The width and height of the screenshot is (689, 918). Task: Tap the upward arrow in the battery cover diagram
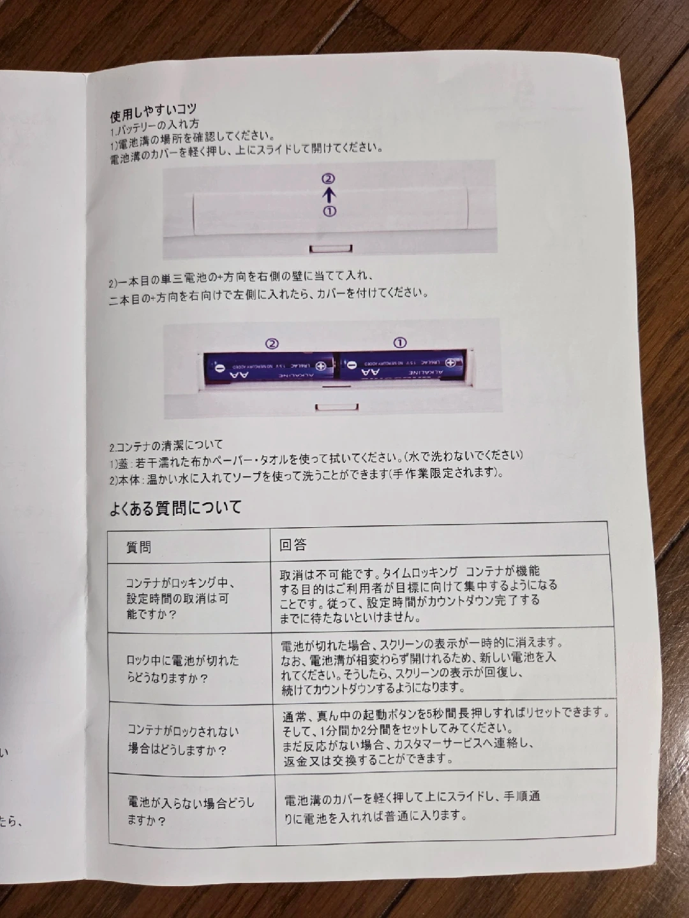(330, 195)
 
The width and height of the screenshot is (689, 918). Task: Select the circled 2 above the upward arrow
(329, 178)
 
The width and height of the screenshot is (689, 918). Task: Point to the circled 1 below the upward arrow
(330, 211)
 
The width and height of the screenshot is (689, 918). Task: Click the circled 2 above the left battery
(272, 344)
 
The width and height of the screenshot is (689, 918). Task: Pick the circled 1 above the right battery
(401, 343)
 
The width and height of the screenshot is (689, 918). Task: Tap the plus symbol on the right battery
(450, 363)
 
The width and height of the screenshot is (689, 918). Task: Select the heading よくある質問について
(175, 508)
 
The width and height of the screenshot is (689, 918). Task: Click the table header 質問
(138, 547)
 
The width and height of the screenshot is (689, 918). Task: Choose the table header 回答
(293, 544)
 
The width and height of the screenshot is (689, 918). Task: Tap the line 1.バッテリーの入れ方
(155, 126)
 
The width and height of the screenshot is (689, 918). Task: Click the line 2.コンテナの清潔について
(166, 446)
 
